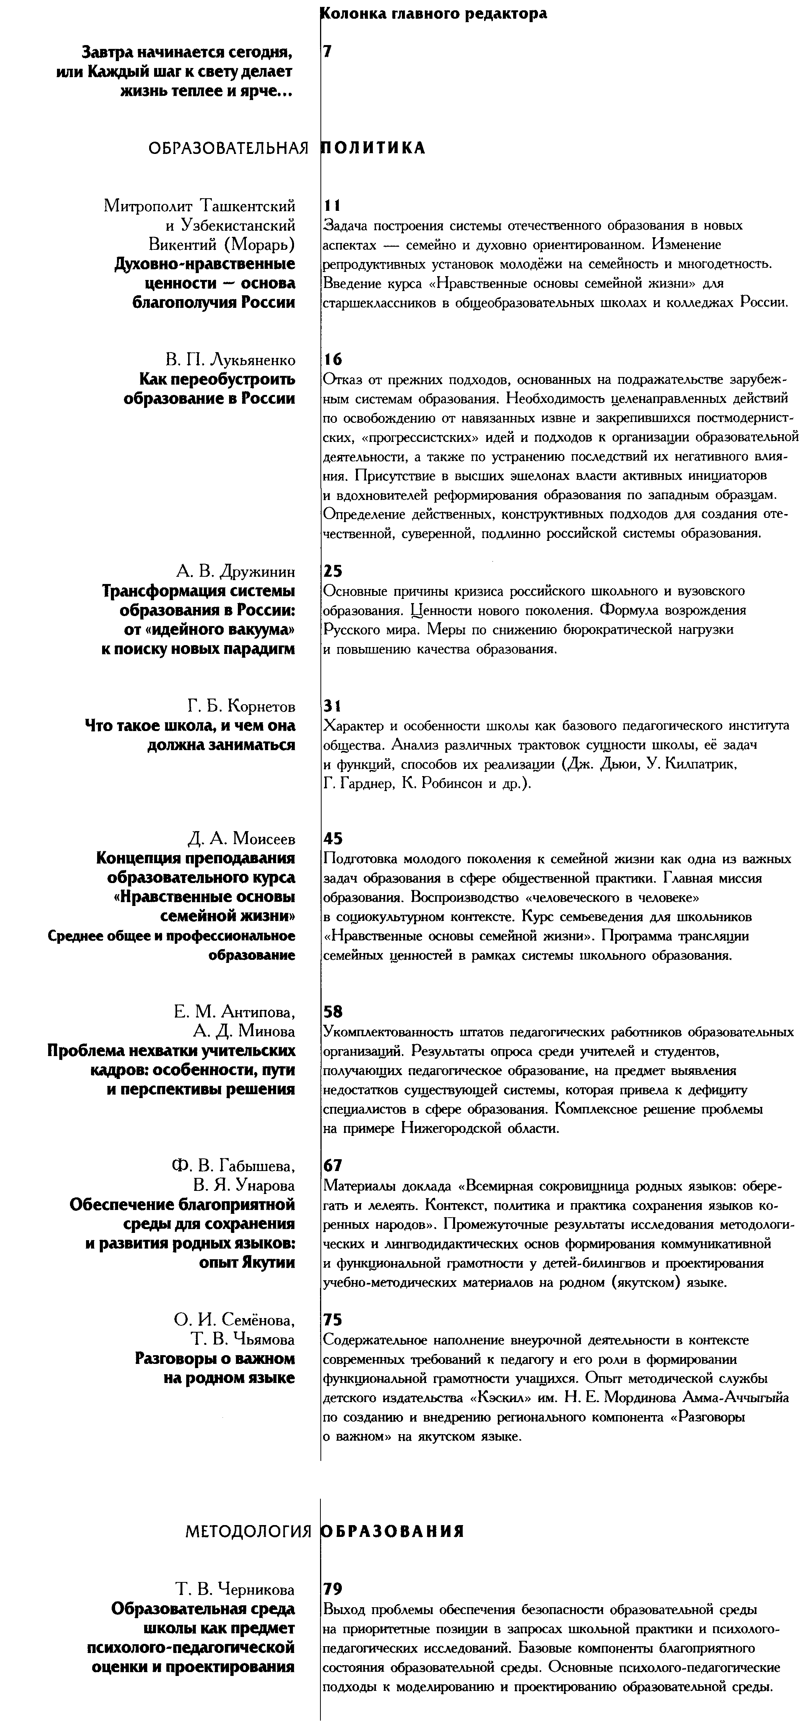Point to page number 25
[x=333, y=571]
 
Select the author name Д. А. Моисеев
[x=241, y=839]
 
